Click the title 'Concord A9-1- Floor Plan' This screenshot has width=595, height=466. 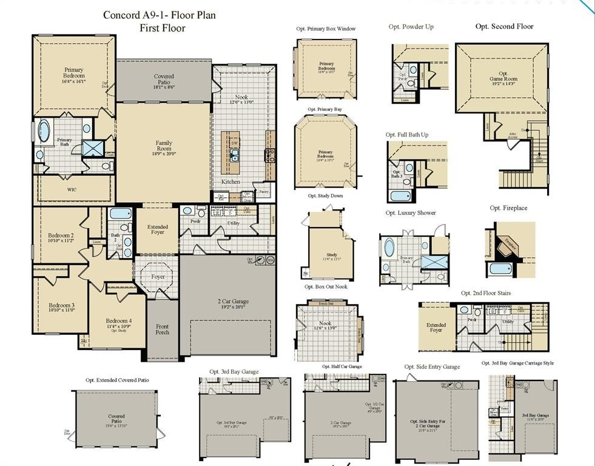(159, 15)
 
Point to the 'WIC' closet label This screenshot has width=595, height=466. (72, 189)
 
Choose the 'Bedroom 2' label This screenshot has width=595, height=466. (61, 238)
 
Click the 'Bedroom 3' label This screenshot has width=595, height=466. (61, 307)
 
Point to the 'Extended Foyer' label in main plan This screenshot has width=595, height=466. (157, 229)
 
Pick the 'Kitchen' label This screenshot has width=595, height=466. (230, 181)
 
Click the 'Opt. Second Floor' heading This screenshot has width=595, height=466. (504, 27)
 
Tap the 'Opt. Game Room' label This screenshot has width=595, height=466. (503, 79)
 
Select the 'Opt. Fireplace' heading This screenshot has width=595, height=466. (508, 208)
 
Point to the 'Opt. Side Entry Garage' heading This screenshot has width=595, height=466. (432, 366)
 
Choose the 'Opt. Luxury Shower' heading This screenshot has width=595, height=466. (411, 213)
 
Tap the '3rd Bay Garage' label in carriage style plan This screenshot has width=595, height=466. (536, 416)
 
